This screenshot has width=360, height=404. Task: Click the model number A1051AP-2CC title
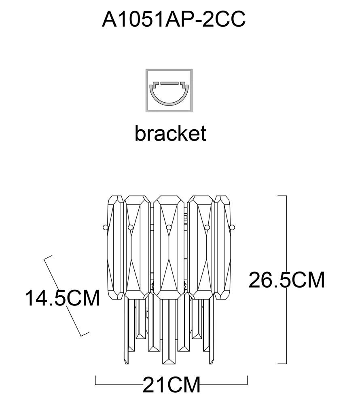tap(174, 19)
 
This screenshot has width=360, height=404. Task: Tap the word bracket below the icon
tap(170, 133)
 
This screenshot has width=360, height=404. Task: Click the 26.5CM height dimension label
tap(286, 280)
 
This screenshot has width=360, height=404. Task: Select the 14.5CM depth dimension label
tap(62, 298)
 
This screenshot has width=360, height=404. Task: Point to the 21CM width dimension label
tap(172, 385)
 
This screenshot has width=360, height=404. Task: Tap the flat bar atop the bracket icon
tap(169, 84)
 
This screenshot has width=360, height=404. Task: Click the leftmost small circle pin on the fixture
tap(105, 227)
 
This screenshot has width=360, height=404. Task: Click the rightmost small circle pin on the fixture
tap(232, 227)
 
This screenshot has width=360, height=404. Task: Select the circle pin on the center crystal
tap(169, 227)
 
